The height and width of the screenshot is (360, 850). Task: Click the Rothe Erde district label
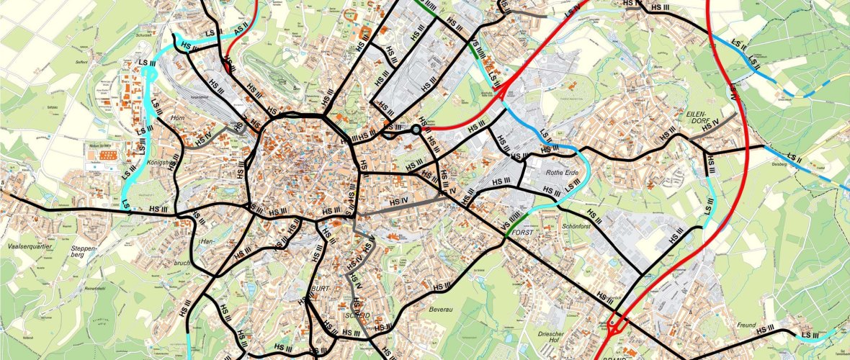pos(563,172)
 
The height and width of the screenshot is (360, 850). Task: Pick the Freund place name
pos(746,325)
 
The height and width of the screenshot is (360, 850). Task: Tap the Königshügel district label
pos(162,163)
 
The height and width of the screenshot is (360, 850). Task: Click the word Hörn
pos(178,117)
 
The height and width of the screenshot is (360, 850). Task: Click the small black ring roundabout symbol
pos(416,130)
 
